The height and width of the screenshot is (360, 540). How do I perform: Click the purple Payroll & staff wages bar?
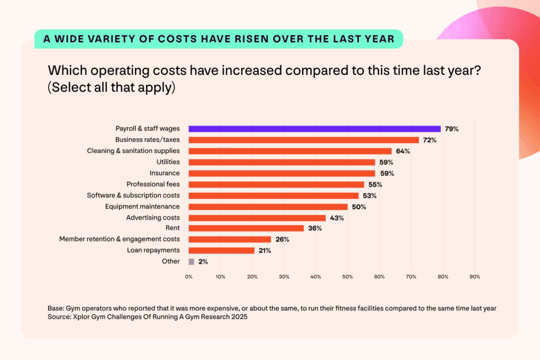314,129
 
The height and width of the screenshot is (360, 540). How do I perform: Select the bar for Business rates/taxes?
303,140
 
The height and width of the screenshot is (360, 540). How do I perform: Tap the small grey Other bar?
191,261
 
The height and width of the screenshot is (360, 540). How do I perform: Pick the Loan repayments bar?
221,250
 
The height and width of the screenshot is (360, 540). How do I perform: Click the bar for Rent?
246,228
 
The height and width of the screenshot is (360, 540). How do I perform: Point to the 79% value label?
451,129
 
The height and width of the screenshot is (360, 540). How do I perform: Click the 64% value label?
403,151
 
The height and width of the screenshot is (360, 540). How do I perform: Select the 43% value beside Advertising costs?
336,218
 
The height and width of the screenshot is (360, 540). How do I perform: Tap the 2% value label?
203,261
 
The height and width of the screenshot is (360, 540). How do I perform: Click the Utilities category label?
168,162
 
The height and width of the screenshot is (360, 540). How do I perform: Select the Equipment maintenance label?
142,206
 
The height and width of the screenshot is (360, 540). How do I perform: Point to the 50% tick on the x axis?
348,276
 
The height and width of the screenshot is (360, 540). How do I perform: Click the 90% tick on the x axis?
475,276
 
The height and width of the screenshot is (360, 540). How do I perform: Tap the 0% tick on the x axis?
189,276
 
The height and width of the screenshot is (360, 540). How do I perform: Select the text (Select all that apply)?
111,87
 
